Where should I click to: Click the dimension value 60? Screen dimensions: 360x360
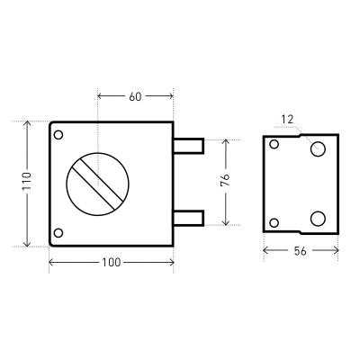click(135, 96)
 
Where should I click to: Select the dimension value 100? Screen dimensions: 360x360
click(112, 263)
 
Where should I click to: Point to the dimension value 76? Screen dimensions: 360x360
click(225, 180)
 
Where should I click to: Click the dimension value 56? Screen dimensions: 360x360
click(300, 251)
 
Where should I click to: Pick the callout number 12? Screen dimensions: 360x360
click(287, 120)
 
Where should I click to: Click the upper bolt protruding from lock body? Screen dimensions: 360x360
click(189, 146)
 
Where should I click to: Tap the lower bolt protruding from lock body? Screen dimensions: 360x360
click(189, 218)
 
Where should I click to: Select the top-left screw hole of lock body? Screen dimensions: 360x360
click(58, 135)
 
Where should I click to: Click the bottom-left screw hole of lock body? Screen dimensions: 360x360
click(58, 233)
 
